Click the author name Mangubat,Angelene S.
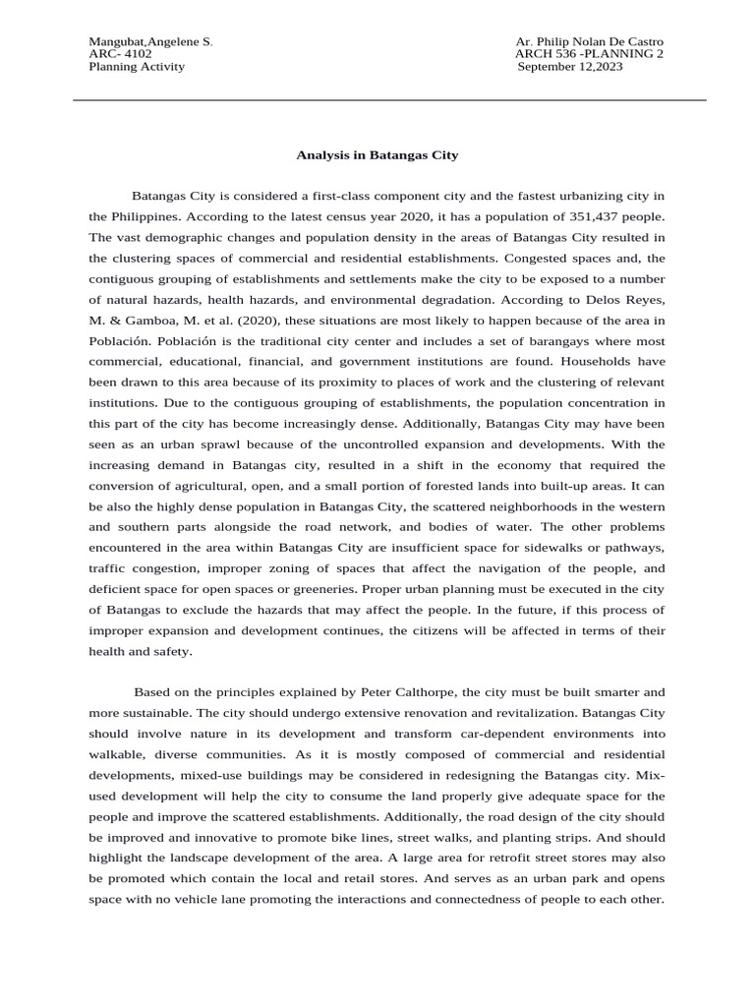point(150,40)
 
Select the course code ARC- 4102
point(120,53)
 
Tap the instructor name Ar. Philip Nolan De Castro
point(589,40)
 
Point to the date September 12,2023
point(570,67)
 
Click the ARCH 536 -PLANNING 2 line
point(589,53)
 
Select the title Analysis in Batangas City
point(377,154)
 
